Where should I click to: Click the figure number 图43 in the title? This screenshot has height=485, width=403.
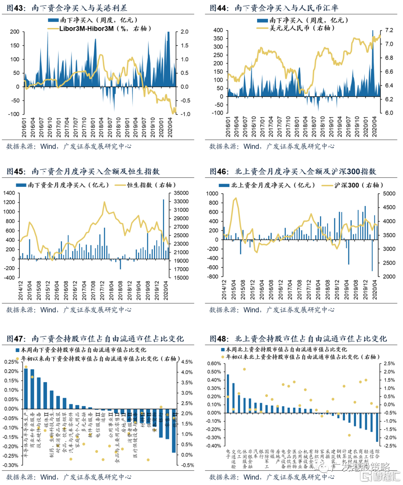(15, 8)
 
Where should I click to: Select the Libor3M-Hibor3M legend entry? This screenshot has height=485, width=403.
(86, 28)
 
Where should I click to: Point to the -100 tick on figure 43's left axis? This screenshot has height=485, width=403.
(15, 114)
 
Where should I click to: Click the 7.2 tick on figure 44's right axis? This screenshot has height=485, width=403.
(389, 30)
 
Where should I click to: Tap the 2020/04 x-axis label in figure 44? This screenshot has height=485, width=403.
(375, 127)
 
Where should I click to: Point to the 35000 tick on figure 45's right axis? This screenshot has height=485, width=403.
(181, 193)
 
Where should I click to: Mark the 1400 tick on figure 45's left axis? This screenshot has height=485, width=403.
(9, 193)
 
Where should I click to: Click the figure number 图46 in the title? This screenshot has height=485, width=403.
(218, 171)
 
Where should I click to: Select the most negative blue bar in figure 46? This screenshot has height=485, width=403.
(372, 255)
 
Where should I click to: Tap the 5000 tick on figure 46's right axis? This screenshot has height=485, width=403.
(389, 193)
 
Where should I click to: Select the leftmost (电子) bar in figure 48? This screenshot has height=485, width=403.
(228, 394)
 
